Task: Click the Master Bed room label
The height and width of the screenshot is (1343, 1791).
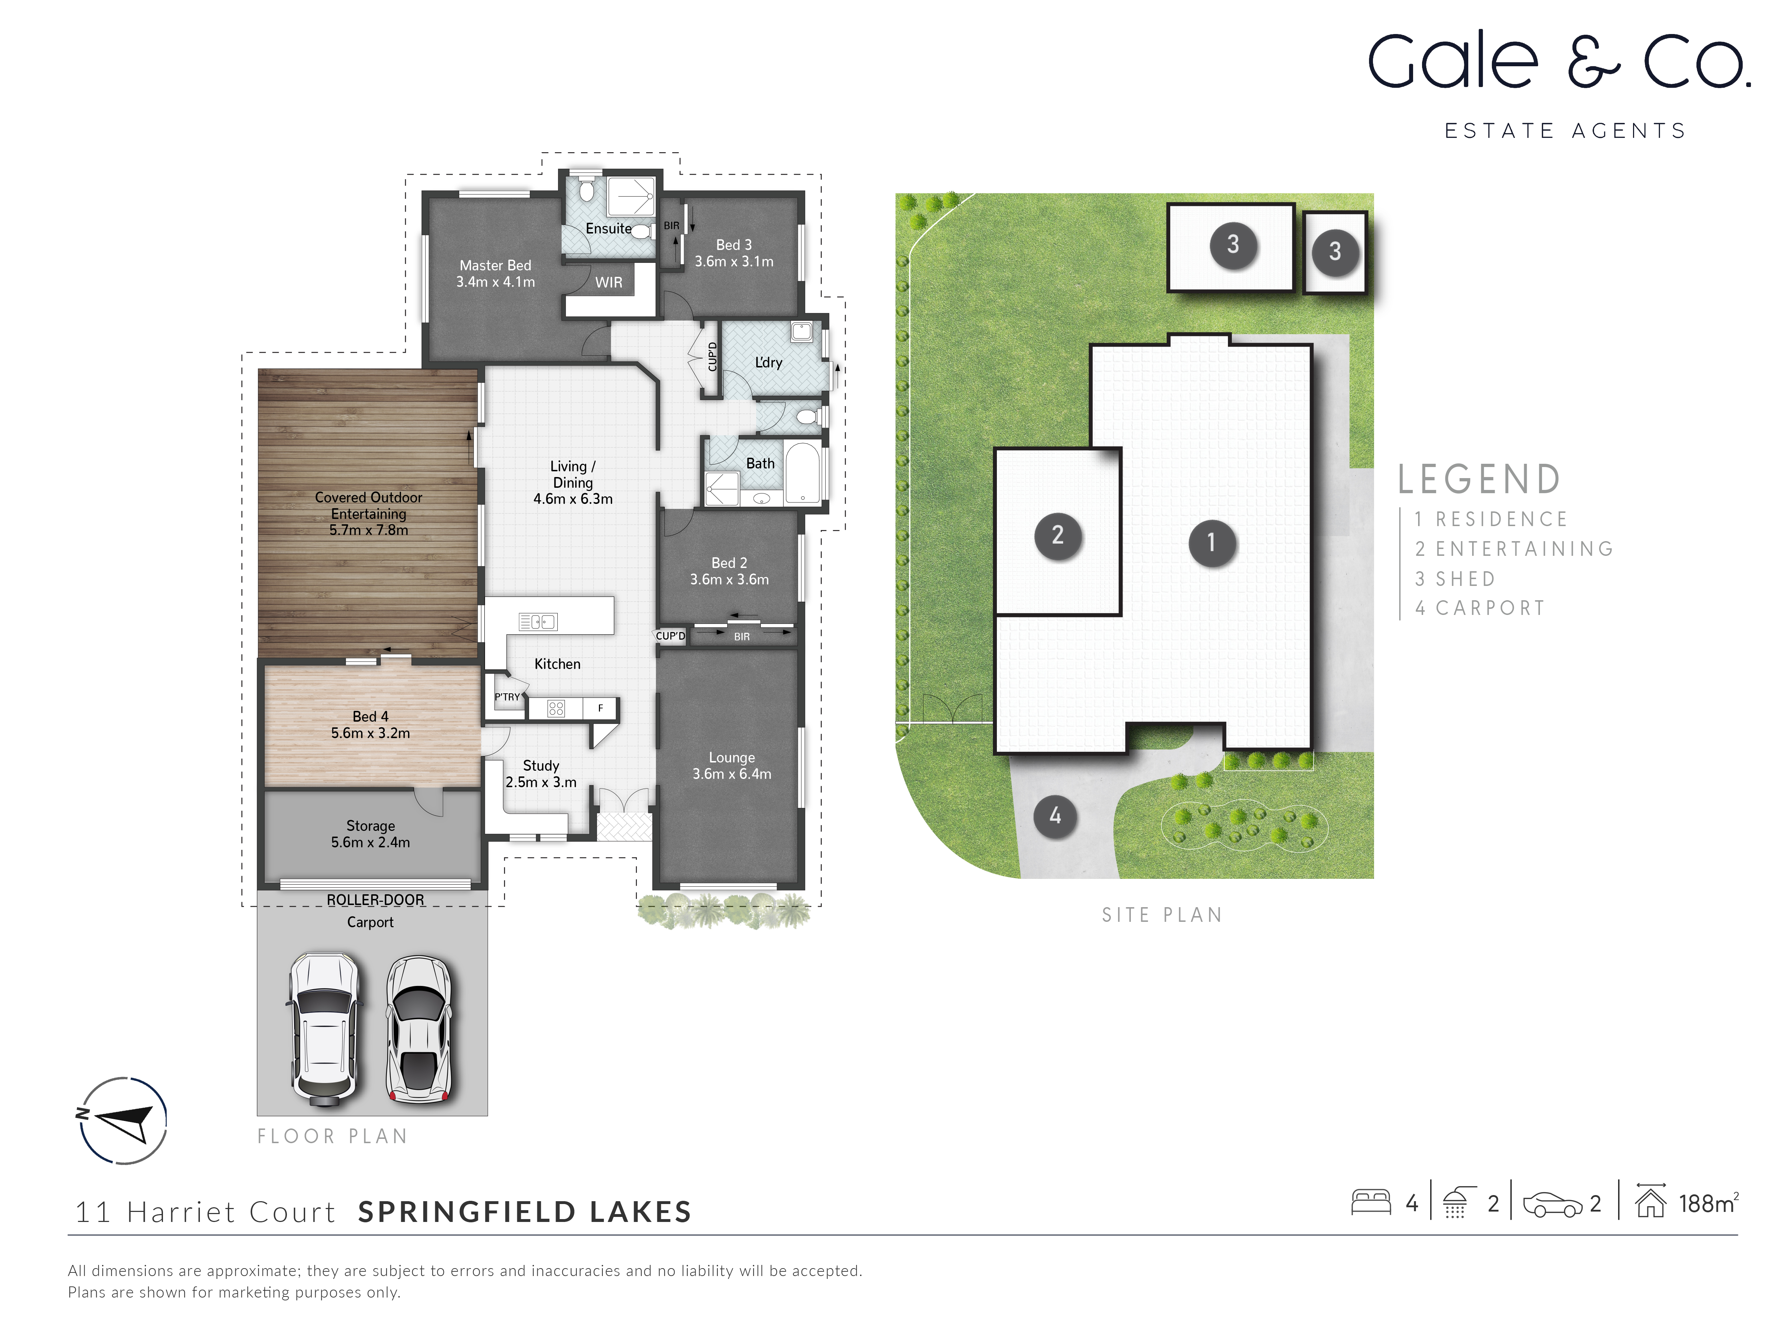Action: pyautogui.click(x=495, y=265)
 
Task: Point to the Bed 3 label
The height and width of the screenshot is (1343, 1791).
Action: pyautogui.click(x=734, y=245)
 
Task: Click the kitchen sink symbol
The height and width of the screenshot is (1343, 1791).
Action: pyautogui.click(x=538, y=622)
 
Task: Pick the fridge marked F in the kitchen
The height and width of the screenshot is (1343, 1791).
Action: pyautogui.click(x=601, y=708)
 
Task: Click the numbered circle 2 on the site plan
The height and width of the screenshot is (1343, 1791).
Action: pyautogui.click(x=1057, y=535)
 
